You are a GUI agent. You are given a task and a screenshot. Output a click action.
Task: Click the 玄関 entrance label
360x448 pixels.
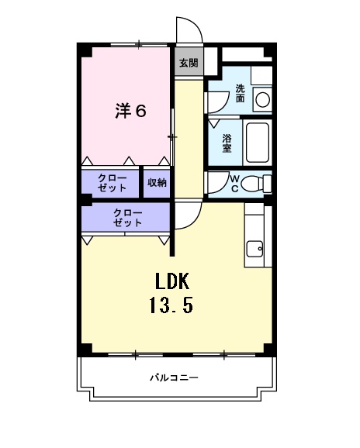[189, 63]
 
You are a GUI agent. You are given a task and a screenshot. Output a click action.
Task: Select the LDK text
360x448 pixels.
[171, 281]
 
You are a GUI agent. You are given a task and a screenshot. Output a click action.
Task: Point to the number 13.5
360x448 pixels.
[171, 305]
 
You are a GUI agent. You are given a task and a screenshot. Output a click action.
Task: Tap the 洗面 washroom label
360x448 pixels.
[241, 94]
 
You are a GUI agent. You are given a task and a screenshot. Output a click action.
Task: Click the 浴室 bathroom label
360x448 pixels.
[227, 143]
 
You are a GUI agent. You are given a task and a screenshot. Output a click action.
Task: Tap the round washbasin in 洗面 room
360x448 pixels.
[262, 98]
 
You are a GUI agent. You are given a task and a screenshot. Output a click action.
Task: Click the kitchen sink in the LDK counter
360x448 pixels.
[254, 249]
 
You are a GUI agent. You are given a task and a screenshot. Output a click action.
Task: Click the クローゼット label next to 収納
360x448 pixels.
[112, 182]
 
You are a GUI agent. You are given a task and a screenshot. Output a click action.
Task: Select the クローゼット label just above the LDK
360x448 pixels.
[127, 217]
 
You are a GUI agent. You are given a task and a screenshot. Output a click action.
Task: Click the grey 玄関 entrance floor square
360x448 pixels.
[189, 63]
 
